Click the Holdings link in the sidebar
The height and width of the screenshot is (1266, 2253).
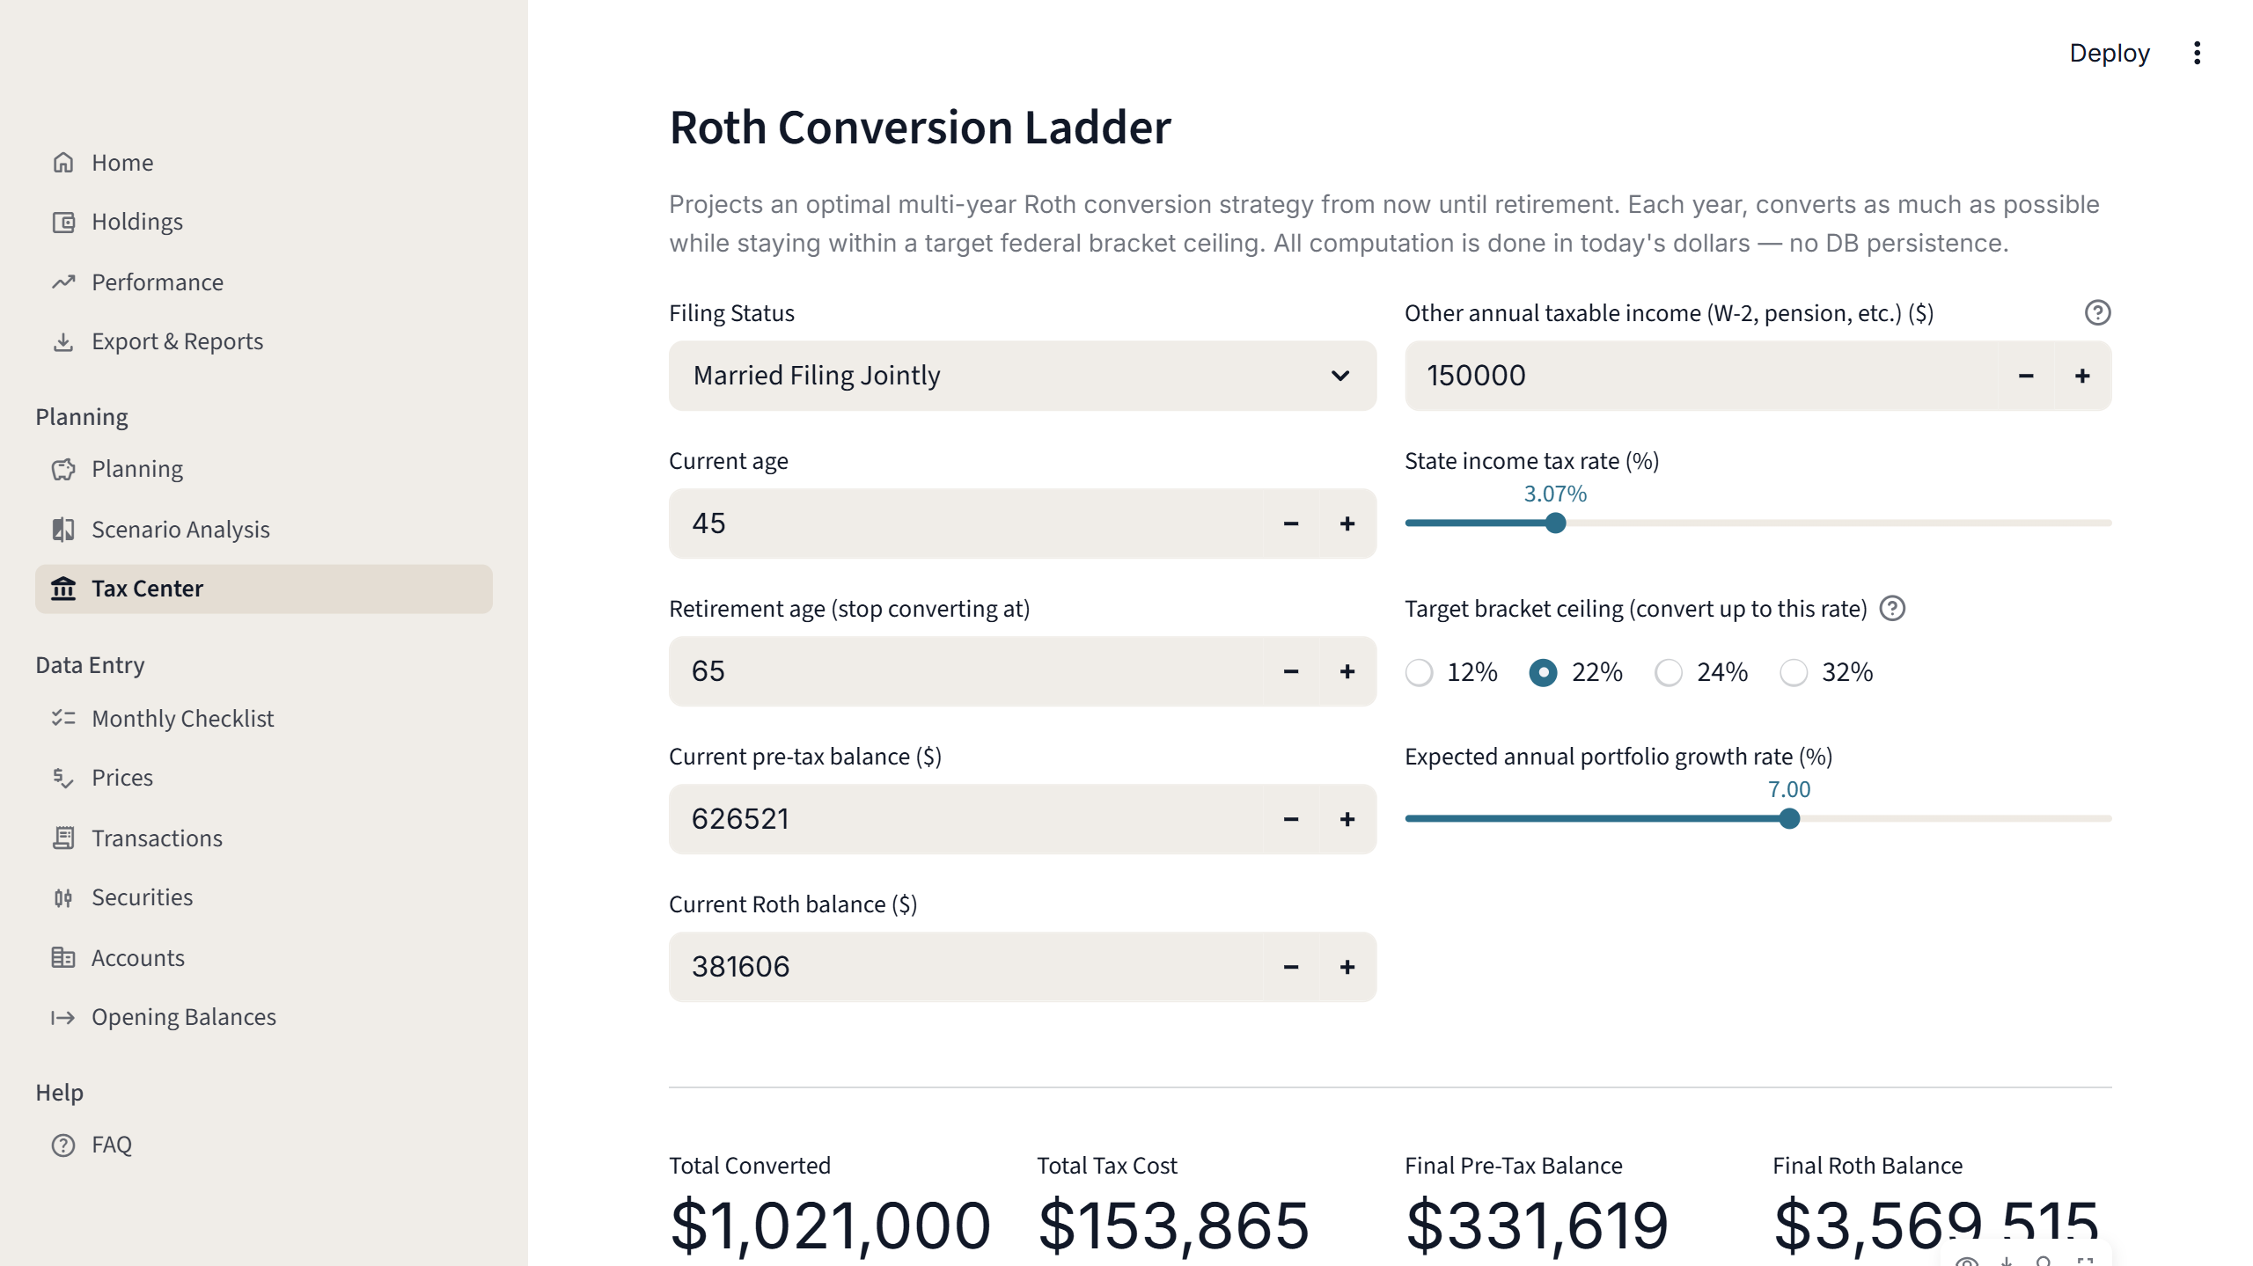(136, 222)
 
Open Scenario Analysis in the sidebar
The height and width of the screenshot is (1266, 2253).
(180, 530)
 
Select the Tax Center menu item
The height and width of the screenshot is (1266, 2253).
(147, 589)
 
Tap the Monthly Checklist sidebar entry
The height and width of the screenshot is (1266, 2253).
(182, 719)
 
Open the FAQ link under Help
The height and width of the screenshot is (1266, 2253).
(111, 1145)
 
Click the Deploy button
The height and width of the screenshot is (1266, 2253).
(2109, 53)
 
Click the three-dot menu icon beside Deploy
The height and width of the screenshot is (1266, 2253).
(2197, 53)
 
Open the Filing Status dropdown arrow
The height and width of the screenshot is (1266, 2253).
(1339, 376)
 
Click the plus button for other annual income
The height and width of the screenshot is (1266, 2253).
(2082, 376)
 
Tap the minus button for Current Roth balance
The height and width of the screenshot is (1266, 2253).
(1291, 967)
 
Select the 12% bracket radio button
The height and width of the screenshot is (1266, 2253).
(1419, 672)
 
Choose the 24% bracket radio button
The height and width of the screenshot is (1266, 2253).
(1669, 672)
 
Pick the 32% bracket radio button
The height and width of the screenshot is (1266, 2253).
(1794, 672)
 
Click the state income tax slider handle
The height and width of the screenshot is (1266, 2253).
(1556, 523)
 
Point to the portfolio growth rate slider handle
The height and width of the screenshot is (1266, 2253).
(1789, 819)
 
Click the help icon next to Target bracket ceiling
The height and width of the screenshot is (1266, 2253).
(1892, 609)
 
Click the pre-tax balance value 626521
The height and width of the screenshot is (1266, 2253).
(740, 819)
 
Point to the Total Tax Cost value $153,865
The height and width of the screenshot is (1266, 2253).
(1173, 1225)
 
